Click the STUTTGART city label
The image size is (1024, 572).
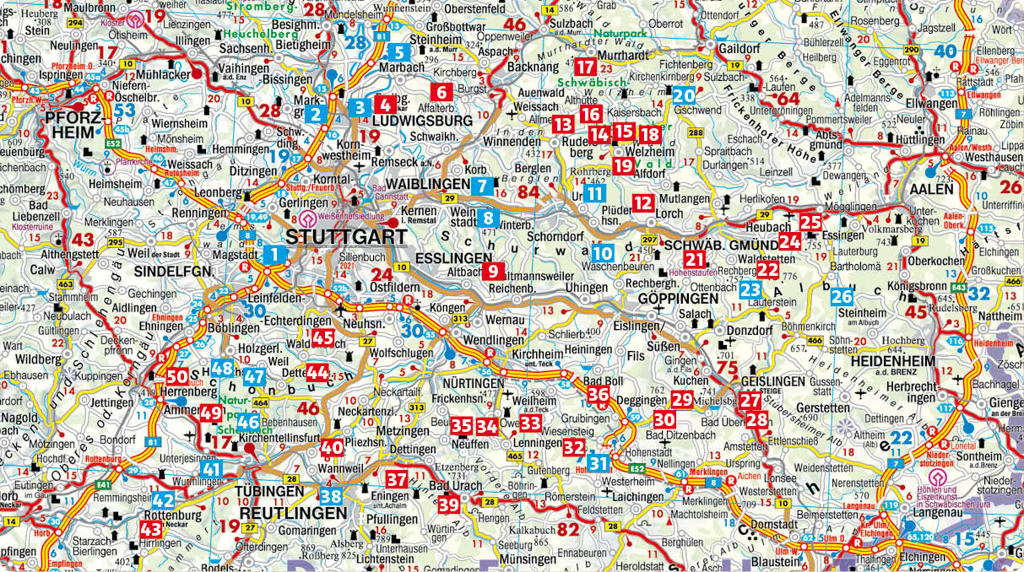click(x=346, y=236)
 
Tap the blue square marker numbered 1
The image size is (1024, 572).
click(x=275, y=253)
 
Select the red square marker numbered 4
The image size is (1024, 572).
click(x=384, y=106)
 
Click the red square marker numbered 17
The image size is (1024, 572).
click(x=587, y=67)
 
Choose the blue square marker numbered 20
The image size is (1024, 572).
click(x=684, y=95)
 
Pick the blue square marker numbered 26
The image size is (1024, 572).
click(x=841, y=297)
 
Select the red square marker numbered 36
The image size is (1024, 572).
click(x=598, y=394)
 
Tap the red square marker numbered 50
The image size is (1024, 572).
click(x=177, y=377)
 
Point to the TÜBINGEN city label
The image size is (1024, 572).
click(x=269, y=491)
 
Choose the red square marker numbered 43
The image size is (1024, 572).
click(x=151, y=530)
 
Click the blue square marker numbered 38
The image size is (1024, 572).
click(x=331, y=496)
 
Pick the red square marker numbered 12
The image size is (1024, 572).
click(x=643, y=202)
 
